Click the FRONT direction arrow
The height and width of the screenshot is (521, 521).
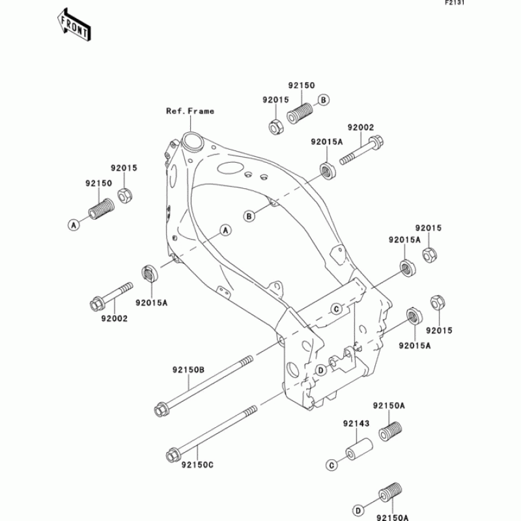coord(74,25)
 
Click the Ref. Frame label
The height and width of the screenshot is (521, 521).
coord(190,111)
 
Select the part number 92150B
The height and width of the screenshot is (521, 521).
coord(188,369)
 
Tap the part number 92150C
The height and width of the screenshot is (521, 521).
coord(197,464)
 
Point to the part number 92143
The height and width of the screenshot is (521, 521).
coord(356,423)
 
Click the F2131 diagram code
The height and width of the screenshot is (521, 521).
coord(455,3)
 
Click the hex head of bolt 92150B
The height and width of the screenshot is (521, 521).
coord(161,410)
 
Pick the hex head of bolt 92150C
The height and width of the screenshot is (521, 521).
coord(172,455)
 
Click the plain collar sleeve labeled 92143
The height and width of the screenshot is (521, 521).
coord(359,449)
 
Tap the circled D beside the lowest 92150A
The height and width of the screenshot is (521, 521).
coord(358,511)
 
